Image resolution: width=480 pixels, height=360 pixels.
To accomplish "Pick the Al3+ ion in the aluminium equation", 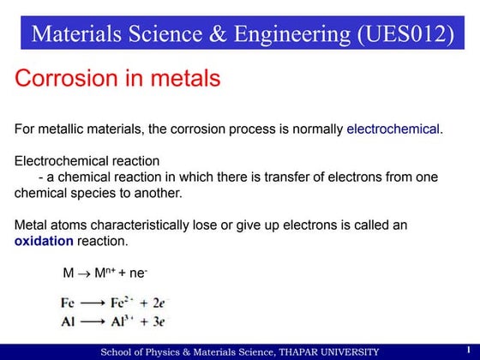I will pos(123,321).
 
